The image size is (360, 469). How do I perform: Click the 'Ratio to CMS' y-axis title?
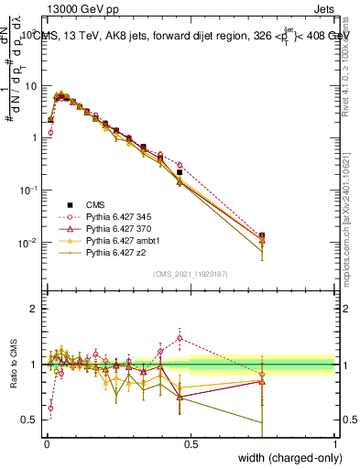coord(14,366)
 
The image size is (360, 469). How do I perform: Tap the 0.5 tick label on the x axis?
coord(191,442)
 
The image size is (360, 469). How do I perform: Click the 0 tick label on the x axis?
coord(46,442)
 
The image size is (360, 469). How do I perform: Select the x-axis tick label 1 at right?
coord(335,442)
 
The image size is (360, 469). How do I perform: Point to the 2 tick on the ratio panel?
coord(34,309)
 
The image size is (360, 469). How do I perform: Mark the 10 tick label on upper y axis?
coord(31,85)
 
